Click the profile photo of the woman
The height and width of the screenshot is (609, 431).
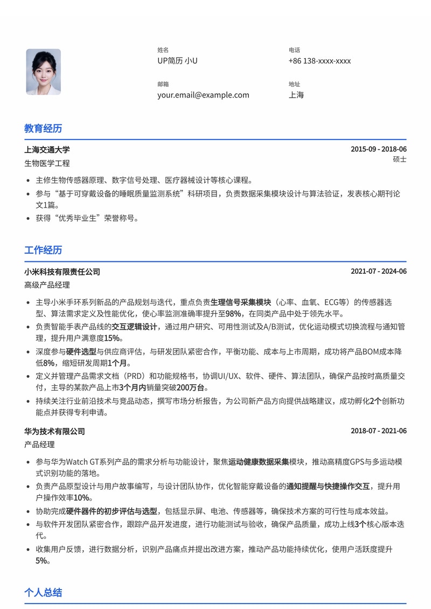(43, 72)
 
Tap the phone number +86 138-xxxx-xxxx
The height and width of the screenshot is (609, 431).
(319, 61)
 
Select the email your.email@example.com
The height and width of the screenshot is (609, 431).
(203, 95)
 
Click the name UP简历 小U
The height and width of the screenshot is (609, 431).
(177, 61)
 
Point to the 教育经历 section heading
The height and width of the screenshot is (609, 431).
(43, 128)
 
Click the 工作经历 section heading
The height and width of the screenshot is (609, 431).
(43, 250)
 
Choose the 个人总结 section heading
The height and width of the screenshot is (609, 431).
(43, 593)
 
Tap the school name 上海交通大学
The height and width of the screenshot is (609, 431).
(47, 150)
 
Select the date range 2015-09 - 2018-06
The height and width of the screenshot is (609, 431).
(378, 149)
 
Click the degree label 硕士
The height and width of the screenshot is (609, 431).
(399, 160)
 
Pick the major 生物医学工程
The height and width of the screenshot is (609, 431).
(47, 163)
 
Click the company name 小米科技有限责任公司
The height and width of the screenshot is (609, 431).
(62, 272)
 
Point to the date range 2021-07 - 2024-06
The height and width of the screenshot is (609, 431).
(378, 272)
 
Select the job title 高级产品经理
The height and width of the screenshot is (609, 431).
(47, 285)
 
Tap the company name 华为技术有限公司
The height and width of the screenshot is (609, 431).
(54, 431)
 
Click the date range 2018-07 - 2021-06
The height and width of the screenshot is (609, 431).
(378, 431)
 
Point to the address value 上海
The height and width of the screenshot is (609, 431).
(296, 95)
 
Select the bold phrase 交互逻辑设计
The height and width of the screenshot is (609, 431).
(134, 327)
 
